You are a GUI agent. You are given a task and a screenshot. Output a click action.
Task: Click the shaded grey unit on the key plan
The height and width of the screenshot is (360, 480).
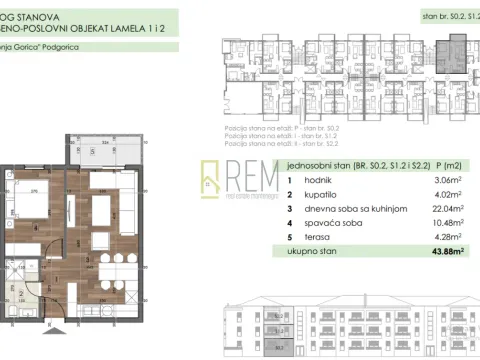click(x=459, y=46)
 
